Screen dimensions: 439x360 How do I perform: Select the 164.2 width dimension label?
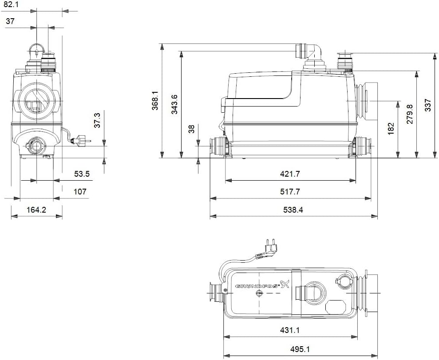click(x=36, y=210)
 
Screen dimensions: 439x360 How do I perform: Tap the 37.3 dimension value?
click(x=97, y=121)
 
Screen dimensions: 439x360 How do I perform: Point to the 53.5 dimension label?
click(x=82, y=174)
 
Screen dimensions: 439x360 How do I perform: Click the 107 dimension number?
click(x=80, y=192)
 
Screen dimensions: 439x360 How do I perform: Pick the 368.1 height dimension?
click(x=155, y=100)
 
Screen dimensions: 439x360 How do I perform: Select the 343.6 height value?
click(x=174, y=104)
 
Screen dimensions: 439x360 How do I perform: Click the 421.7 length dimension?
click(x=290, y=174)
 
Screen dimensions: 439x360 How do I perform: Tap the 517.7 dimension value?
click(x=290, y=192)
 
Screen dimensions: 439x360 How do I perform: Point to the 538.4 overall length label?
click(x=293, y=210)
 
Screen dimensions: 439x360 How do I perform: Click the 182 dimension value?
click(x=391, y=128)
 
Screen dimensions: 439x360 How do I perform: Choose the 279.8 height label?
click(x=410, y=114)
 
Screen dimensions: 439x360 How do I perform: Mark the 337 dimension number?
click(x=428, y=105)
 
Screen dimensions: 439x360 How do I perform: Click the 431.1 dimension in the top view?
click(x=290, y=330)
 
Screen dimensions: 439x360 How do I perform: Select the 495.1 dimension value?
click(x=300, y=349)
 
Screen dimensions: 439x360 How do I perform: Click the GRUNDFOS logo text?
click(x=257, y=286)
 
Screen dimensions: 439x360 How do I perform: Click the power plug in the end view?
click(x=81, y=140)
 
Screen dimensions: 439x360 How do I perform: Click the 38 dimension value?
click(x=192, y=129)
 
